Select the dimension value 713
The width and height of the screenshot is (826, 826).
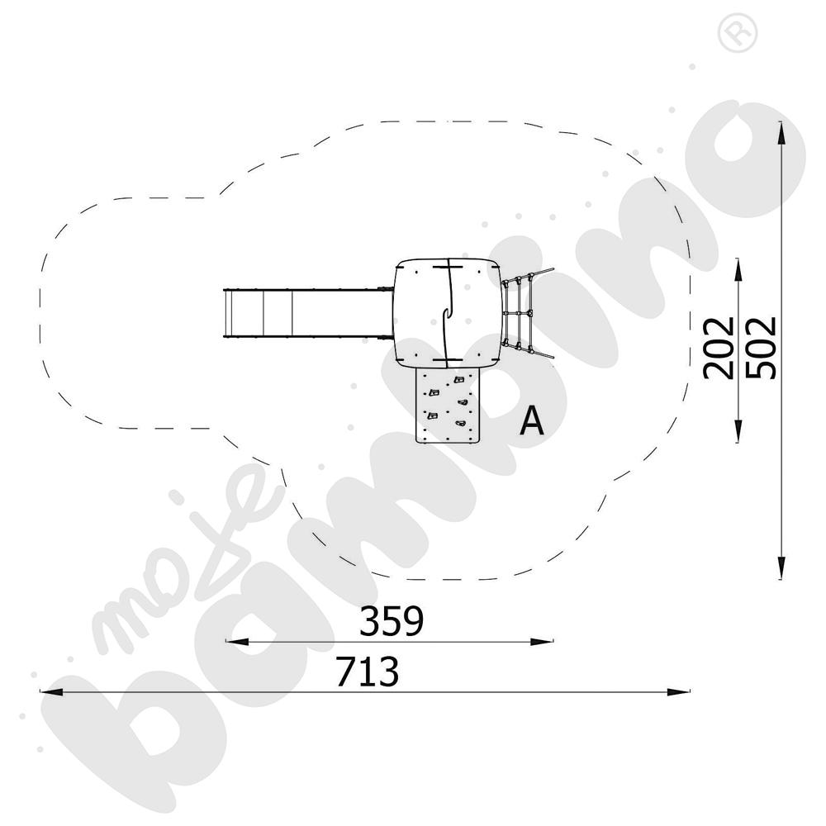point(368,672)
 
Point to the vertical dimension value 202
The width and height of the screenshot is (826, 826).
point(719,346)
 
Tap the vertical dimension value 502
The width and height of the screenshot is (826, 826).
point(760,346)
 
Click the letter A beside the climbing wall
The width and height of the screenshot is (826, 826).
point(533,421)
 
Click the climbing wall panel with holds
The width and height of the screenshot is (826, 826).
point(447,405)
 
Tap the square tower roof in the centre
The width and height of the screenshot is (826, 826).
point(447,312)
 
